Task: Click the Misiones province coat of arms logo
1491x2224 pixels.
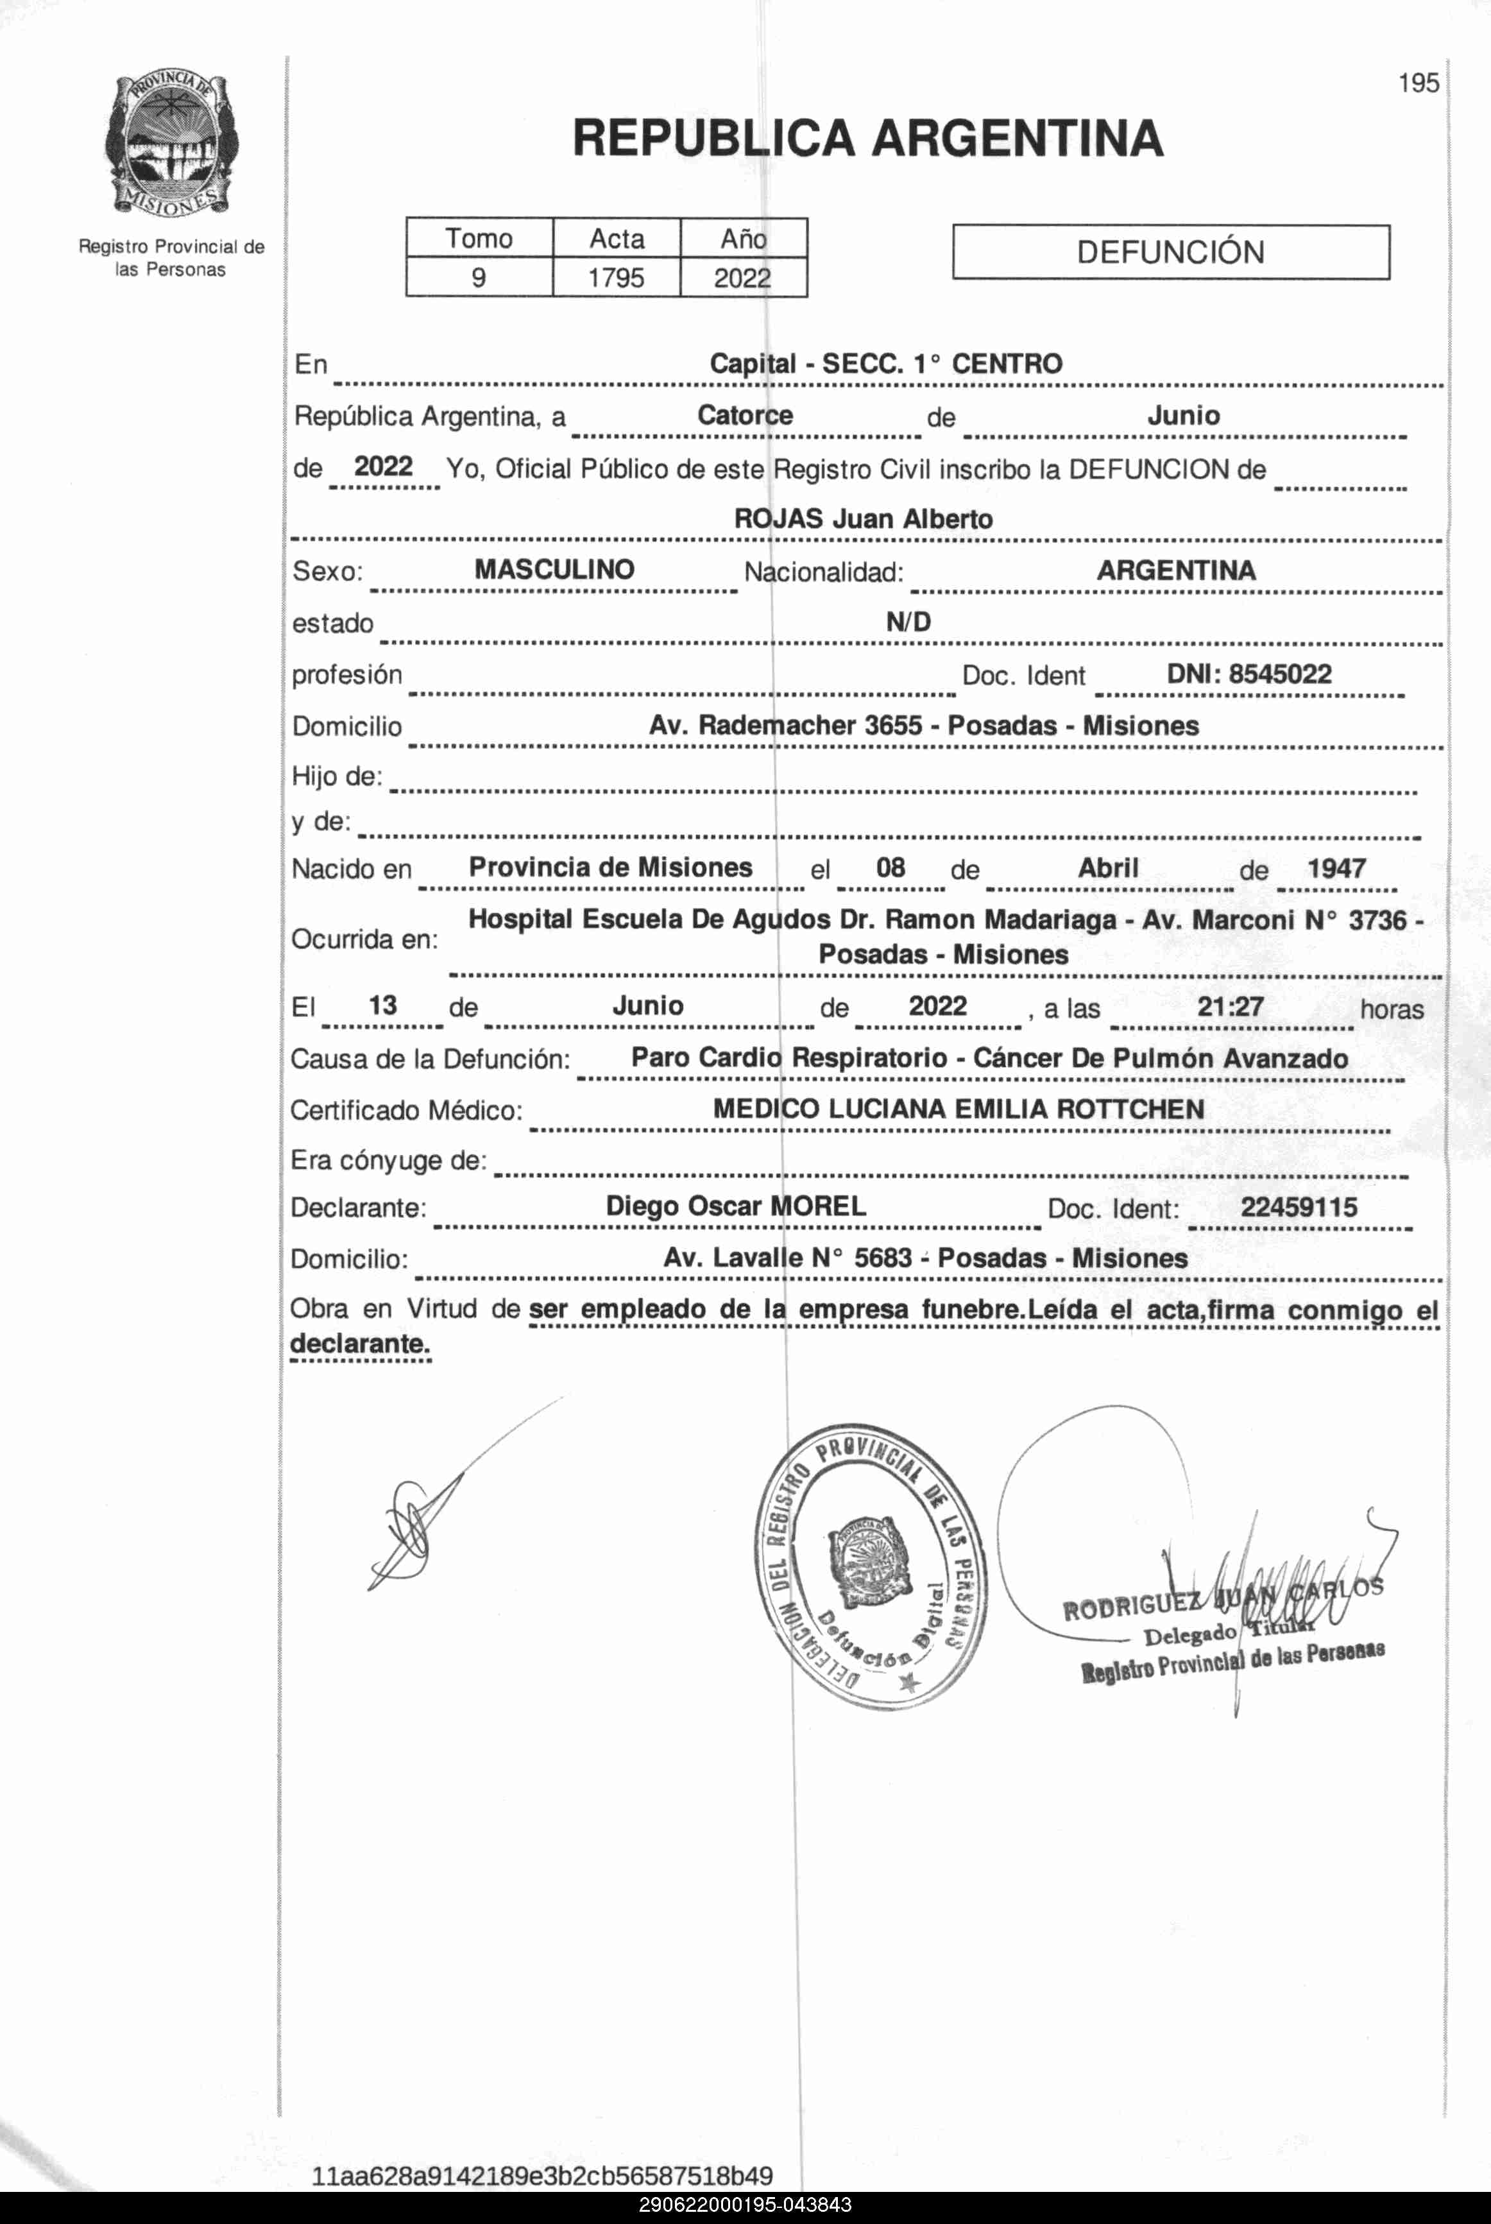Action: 171,144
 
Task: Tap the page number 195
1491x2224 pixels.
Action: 1418,83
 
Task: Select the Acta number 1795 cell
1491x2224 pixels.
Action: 616,278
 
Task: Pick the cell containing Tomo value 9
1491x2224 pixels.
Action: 479,278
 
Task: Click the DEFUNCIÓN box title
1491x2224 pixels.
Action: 1171,252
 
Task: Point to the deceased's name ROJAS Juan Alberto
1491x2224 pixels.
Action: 864,519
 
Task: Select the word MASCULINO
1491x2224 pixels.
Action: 554,570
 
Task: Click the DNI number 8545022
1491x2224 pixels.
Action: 1280,674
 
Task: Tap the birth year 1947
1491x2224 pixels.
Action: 1336,868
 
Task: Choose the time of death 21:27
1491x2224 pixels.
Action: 1231,1006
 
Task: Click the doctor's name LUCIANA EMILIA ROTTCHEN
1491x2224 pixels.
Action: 1016,1109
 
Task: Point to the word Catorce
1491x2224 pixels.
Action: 745,416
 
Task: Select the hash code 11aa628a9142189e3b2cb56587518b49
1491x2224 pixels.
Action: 542,2175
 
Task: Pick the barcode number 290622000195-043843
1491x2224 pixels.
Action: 745,2205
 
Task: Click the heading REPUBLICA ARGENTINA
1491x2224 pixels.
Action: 867,139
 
